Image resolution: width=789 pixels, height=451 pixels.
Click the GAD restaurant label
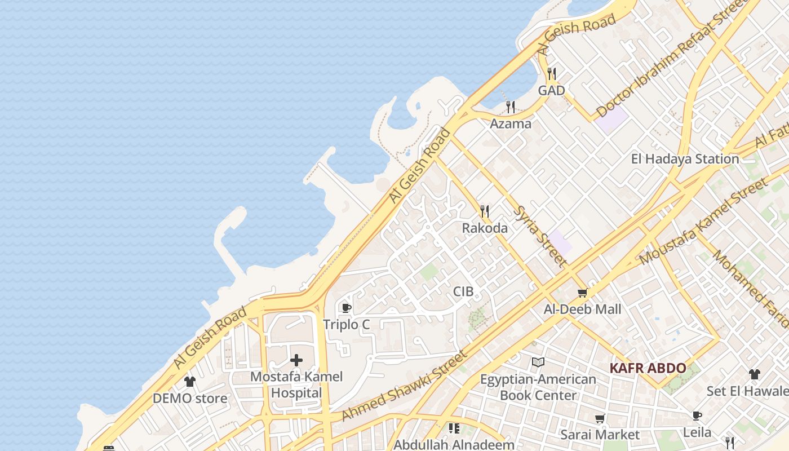pos(551,90)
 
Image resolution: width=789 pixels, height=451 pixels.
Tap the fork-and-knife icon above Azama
pos(511,107)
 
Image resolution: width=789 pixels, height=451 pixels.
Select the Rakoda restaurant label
pos(485,228)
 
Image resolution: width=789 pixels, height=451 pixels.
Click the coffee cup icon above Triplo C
pos(346,308)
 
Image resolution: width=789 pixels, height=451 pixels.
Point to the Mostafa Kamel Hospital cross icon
pos(296,360)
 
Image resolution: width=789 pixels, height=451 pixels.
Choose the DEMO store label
pos(190,399)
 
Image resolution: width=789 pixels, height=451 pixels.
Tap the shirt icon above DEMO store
pos(190,382)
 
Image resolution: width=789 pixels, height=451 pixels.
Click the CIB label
pos(463,291)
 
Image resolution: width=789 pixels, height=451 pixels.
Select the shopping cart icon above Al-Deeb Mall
pos(582,293)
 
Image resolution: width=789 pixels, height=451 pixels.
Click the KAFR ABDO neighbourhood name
pos(648,369)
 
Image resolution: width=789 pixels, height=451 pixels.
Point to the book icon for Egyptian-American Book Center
pos(538,362)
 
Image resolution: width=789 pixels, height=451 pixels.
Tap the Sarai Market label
pos(600,435)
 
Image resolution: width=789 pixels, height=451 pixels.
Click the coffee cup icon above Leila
pos(697,416)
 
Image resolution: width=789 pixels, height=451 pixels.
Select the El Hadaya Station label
pos(685,159)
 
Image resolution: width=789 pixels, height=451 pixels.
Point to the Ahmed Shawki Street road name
pos(405,386)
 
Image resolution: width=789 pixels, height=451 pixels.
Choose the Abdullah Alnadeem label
pos(454,445)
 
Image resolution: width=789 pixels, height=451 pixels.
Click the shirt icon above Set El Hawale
pos(755,374)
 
